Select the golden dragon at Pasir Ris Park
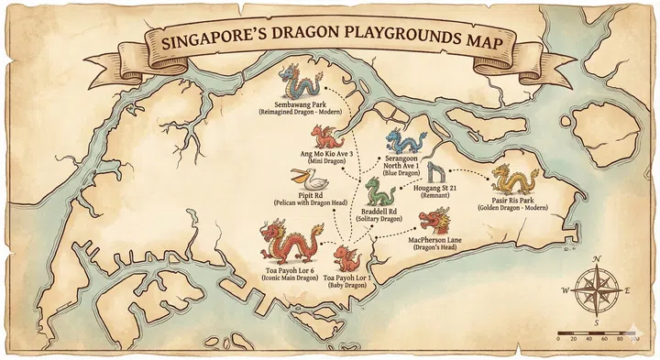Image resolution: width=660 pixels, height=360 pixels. pos(514,180)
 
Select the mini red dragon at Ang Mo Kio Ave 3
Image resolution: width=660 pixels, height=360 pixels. pos(324,138)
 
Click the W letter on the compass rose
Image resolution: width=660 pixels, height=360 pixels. pos(566,290)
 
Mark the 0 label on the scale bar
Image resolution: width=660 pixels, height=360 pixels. pos(558,339)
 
